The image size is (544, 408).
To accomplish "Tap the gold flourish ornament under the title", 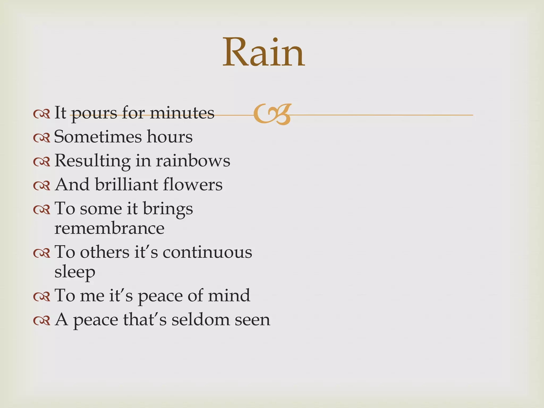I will click(272, 114).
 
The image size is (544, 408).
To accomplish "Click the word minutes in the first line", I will click(182, 113).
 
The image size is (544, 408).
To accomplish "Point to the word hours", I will click(170, 137).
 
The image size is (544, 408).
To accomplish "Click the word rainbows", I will click(193, 161).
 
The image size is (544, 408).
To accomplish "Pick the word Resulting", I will click(92, 161).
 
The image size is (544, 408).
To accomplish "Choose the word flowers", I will click(193, 185).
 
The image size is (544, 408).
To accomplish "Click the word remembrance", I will click(109, 228).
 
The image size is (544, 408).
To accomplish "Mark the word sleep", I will click(75, 272).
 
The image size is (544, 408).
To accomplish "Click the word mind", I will click(229, 295).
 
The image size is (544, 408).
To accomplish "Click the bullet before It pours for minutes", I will click(42, 114).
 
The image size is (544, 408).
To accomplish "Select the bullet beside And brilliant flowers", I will click(42, 186).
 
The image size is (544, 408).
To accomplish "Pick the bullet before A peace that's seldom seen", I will click(42, 321).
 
